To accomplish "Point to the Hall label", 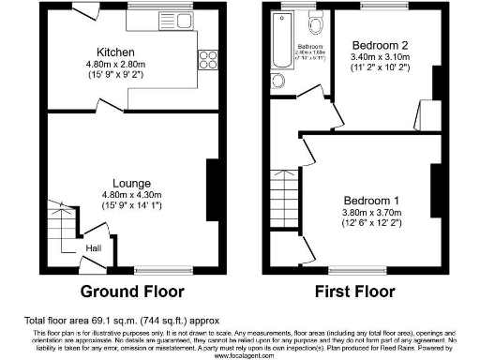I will [x=94, y=247].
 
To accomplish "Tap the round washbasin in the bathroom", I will [x=278, y=81].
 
